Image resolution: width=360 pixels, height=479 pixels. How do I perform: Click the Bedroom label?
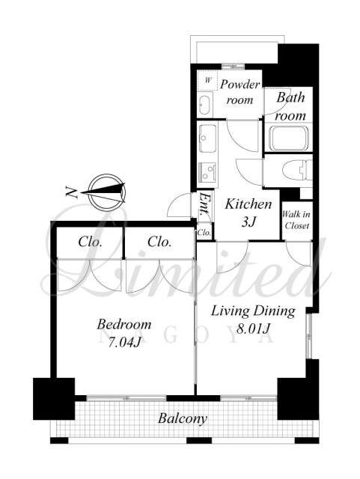tap(124, 324)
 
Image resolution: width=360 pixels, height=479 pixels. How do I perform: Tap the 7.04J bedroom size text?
tap(124, 343)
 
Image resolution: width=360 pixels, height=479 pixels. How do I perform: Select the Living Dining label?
tap(253, 311)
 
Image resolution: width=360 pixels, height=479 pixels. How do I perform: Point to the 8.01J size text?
tap(254, 329)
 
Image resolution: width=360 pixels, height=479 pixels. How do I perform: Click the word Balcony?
tap(183, 418)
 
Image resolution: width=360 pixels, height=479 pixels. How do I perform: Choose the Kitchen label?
tap(248, 204)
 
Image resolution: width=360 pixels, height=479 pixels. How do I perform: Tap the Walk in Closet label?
tap(296, 220)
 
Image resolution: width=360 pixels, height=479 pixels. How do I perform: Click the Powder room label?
tap(240, 91)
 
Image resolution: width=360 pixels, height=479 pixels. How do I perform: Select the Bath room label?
tap(290, 106)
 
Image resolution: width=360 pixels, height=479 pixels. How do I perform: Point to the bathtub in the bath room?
tap(287, 138)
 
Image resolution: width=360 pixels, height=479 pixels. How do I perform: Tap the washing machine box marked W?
tap(208, 80)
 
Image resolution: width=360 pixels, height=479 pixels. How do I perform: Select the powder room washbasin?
tap(205, 105)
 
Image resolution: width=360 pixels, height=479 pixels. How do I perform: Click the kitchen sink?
tap(207, 138)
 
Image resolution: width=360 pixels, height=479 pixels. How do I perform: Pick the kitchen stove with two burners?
tap(207, 171)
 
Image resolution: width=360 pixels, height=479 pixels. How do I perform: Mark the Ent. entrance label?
tap(205, 204)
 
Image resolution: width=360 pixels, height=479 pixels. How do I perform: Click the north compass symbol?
tap(104, 192)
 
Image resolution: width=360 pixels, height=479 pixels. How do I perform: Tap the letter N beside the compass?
tap(71, 192)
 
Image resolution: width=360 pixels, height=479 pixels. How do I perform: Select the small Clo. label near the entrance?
tap(204, 233)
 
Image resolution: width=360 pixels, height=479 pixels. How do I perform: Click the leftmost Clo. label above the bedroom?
tap(90, 242)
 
